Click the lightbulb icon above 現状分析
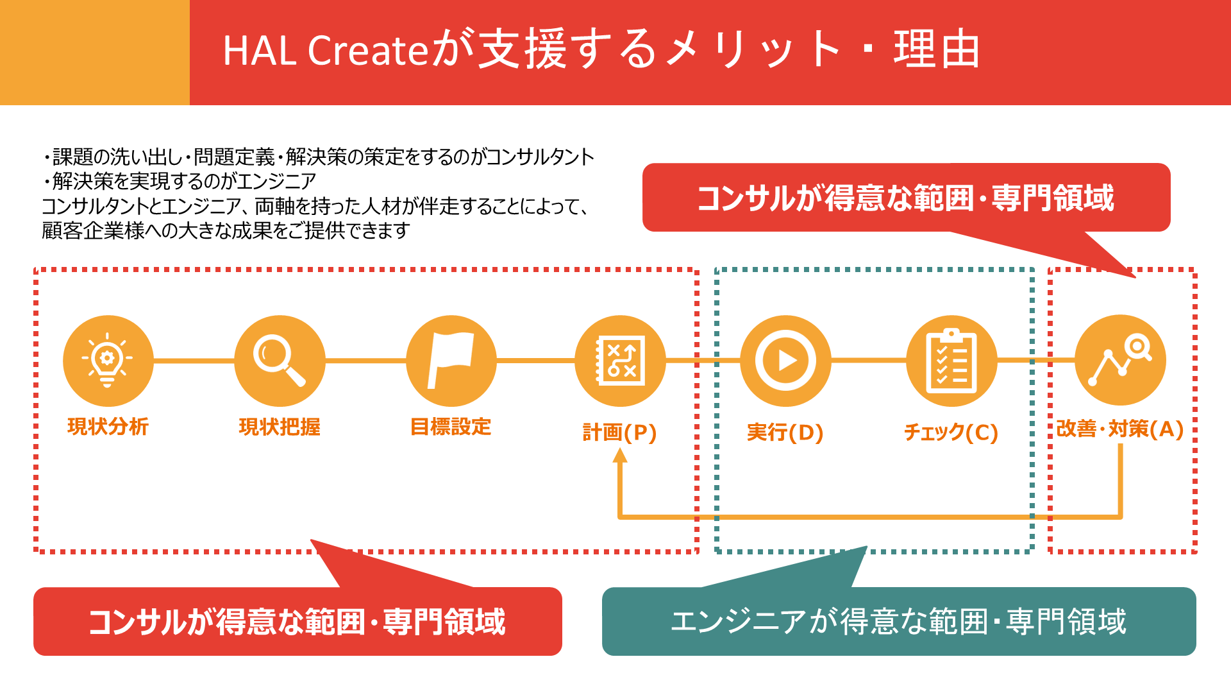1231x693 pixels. click(108, 361)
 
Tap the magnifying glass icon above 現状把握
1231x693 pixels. click(280, 361)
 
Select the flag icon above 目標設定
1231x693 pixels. click(451, 361)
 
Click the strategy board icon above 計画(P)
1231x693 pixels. click(620, 361)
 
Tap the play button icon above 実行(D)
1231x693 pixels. click(785, 361)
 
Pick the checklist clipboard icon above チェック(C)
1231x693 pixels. click(951, 361)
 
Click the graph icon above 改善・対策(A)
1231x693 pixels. click(1120, 361)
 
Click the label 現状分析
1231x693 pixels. click(108, 427)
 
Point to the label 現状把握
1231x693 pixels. click(280, 427)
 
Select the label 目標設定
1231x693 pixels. click(451, 427)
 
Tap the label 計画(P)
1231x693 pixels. click(619, 432)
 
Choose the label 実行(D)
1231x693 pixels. click(785, 432)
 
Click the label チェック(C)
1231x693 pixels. click(951, 432)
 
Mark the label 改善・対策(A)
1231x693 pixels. click(1119, 429)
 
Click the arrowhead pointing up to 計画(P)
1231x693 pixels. click(619, 456)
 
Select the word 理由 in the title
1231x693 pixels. click(937, 50)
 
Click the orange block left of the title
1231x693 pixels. click(95, 53)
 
